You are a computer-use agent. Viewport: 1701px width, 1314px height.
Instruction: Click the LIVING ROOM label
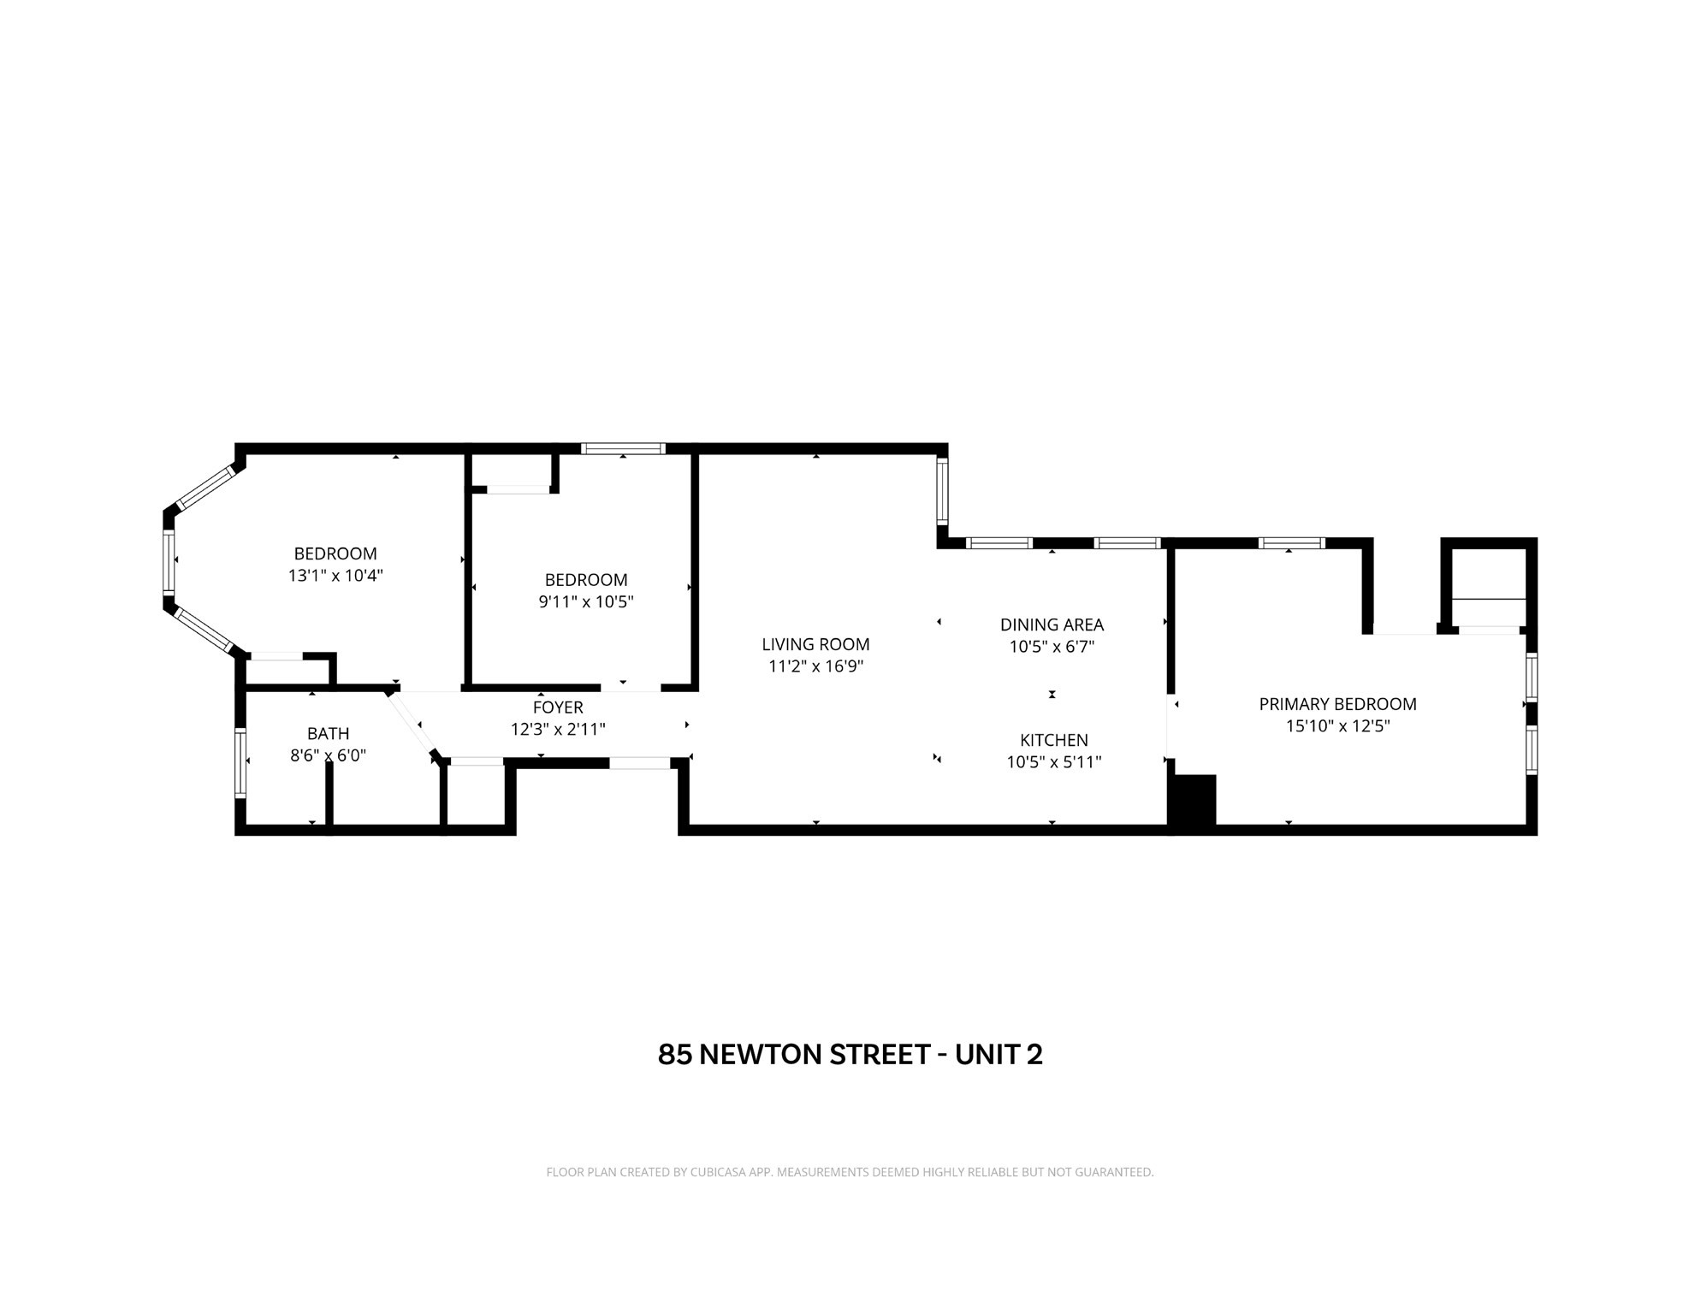click(815, 644)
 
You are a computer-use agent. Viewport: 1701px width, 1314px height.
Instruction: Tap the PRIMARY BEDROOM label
click(1336, 704)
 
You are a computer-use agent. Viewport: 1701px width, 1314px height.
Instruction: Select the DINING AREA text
click(1052, 624)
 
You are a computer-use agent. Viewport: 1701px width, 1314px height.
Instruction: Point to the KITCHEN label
click(1053, 740)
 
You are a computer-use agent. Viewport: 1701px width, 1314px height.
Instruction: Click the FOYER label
click(558, 707)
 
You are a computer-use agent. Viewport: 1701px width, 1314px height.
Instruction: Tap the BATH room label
click(328, 733)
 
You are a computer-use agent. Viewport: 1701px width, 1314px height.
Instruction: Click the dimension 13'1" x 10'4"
click(335, 576)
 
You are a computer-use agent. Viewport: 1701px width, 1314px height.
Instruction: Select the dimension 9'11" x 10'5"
click(585, 601)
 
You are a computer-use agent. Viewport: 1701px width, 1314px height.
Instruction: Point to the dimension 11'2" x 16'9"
click(815, 666)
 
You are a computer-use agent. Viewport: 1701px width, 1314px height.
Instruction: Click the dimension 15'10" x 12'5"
click(1337, 726)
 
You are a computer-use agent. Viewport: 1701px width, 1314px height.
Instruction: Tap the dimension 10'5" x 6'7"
click(1052, 647)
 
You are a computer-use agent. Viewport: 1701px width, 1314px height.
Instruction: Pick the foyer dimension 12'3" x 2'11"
click(558, 730)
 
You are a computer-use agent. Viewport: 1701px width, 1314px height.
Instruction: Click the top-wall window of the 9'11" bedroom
click(623, 448)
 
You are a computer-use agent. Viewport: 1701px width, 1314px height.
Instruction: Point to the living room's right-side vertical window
click(942, 490)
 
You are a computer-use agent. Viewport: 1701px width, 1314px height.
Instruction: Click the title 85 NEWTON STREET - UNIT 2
click(850, 1055)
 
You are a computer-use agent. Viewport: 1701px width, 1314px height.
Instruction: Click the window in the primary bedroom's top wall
click(1290, 543)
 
